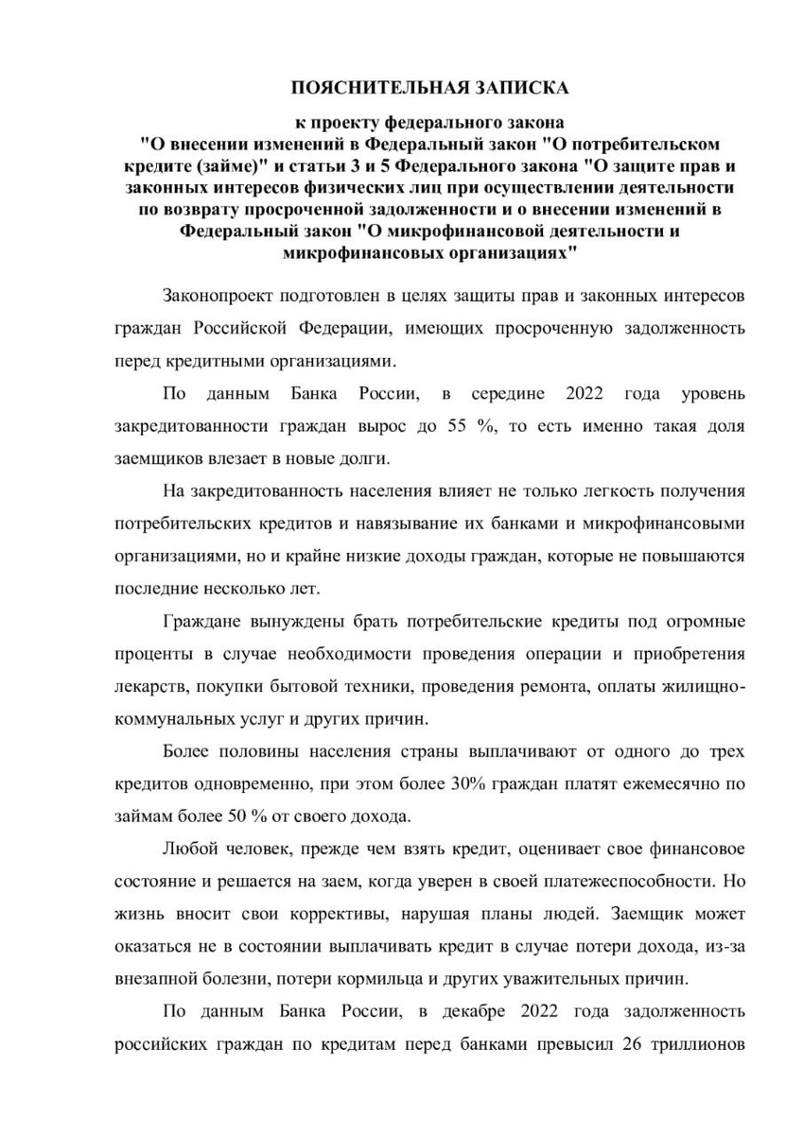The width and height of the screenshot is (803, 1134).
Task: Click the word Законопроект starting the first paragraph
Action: (222, 296)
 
